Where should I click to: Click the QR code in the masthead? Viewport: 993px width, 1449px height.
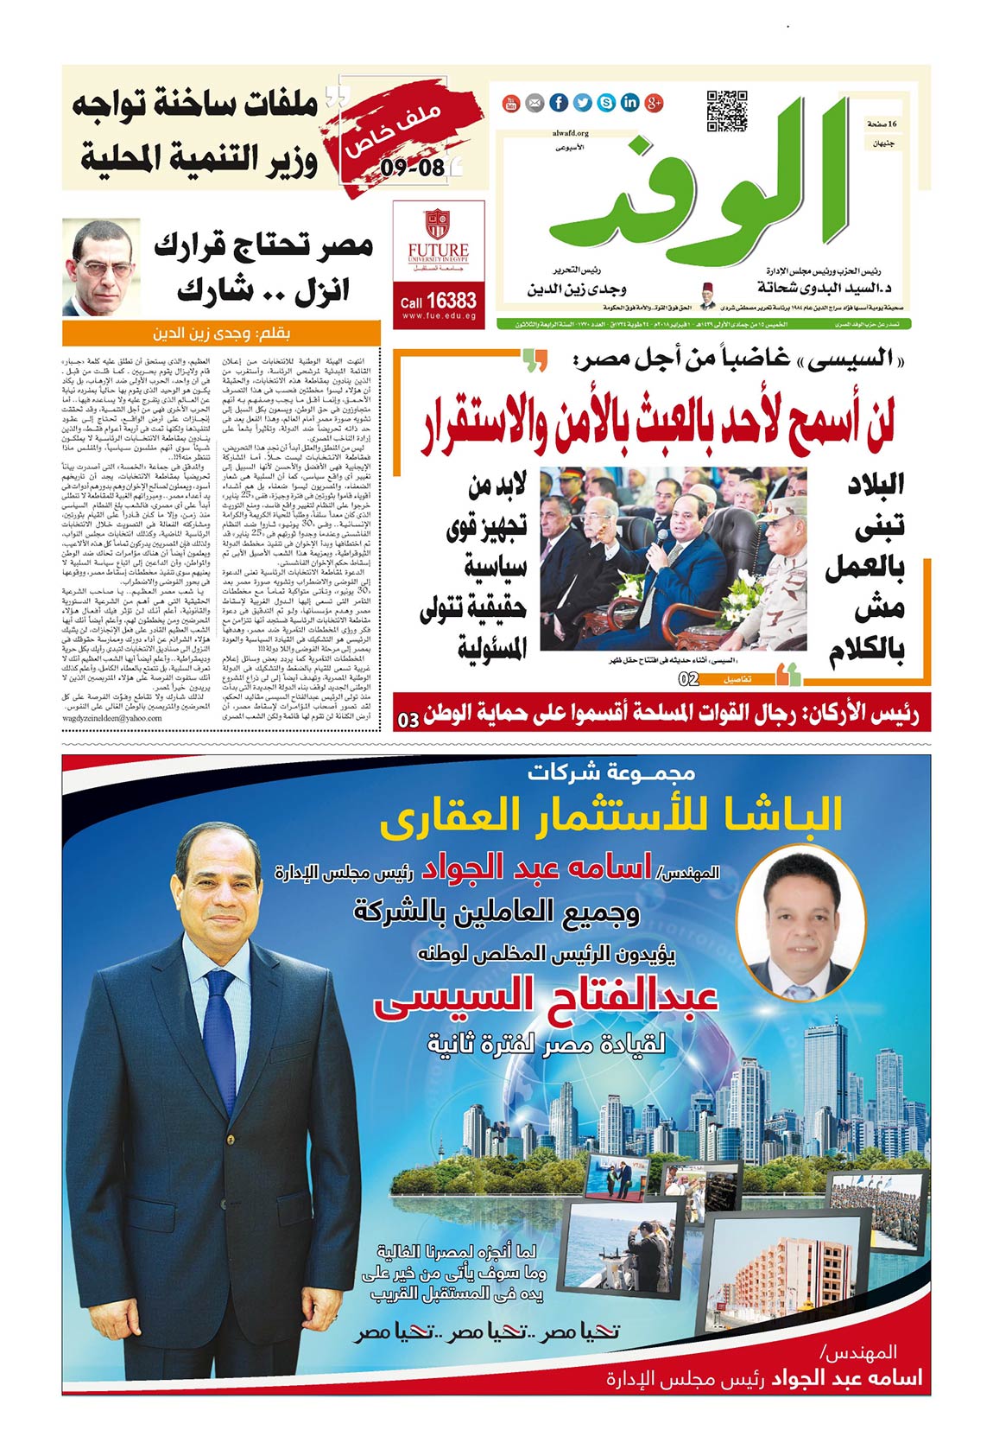(726, 111)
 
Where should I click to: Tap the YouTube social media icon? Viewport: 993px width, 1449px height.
(511, 104)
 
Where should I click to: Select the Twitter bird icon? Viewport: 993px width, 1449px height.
(583, 104)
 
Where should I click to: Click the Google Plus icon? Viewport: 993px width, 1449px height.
(654, 104)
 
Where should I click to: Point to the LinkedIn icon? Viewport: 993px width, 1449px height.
(630, 104)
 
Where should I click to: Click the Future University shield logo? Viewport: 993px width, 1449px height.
(438, 224)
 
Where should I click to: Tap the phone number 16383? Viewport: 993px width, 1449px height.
(450, 301)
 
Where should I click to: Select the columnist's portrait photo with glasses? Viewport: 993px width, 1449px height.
(101, 267)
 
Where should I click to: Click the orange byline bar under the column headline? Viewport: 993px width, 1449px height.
(221, 333)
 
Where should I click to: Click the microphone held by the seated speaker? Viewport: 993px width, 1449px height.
(661, 539)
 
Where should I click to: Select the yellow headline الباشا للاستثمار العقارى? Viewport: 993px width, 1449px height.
(610, 816)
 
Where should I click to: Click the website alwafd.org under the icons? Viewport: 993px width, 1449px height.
(570, 134)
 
